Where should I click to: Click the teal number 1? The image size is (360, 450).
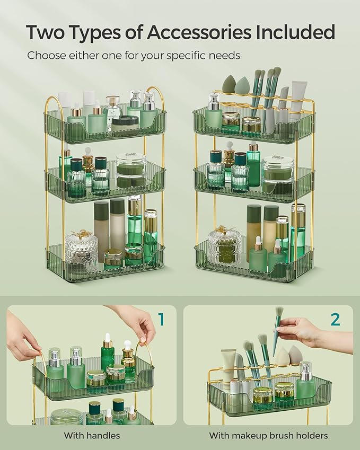point(161,319)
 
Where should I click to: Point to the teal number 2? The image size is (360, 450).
point(335,319)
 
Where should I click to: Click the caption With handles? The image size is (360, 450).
point(92,436)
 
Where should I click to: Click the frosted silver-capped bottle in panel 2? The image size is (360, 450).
point(305,380)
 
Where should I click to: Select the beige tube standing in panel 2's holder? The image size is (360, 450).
point(229,366)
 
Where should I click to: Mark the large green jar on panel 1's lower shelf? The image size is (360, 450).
point(66,417)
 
